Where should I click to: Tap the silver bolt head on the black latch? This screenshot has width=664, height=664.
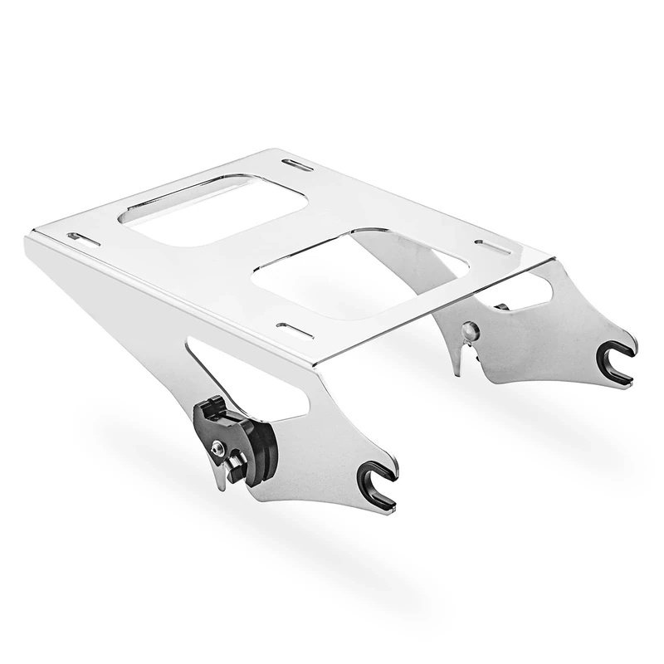[x=219, y=449]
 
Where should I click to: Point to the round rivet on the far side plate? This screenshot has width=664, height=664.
[x=471, y=331]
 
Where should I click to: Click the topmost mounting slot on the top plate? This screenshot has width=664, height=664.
[x=297, y=164]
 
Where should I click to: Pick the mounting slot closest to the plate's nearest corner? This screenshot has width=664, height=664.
[x=295, y=330]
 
